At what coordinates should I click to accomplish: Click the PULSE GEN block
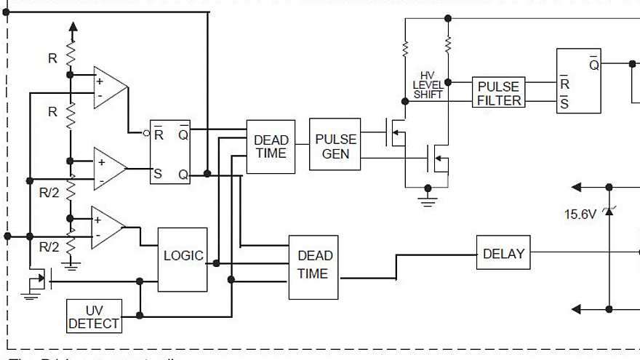(x=335, y=145)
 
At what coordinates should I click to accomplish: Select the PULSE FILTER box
(x=499, y=92)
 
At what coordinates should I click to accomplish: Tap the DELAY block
(x=503, y=254)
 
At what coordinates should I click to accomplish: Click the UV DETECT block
(x=94, y=317)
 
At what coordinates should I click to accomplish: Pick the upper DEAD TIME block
(x=271, y=146)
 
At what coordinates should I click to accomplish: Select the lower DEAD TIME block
(x=313, y=266)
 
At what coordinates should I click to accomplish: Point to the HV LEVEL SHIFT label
(x=428, y=85)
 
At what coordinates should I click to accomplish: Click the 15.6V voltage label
(x=580, y=215)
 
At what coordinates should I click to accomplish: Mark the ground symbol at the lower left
(x=31, y=294)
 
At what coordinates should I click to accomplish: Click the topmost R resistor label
(x=52, y=59)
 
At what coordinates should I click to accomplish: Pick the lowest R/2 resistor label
(x=49, y=247)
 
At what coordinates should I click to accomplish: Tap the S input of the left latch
(x=157, y=173)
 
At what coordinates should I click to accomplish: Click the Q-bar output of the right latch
(x=593, y=65)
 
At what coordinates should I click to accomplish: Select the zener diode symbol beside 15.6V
(x=609, y=211)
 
